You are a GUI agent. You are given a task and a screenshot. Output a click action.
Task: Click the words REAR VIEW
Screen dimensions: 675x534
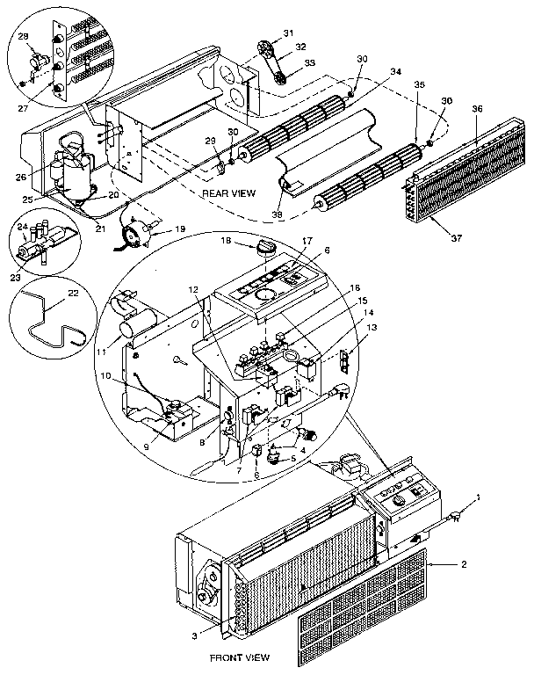point(228,192)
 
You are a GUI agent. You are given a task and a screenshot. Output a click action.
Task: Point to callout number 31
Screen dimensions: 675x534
point(288,33)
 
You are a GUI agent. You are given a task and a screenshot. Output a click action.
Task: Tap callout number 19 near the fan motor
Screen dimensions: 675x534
point(181,228)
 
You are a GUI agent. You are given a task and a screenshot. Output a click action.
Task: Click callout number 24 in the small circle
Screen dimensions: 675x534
point(24,227)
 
